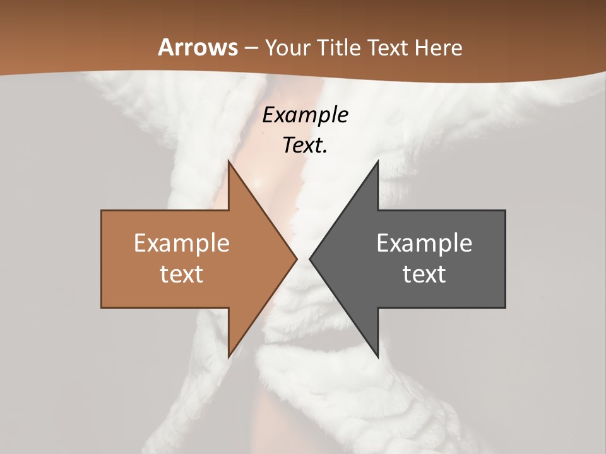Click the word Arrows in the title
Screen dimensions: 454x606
[198, 47]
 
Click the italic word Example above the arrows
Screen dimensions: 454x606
[306, 115]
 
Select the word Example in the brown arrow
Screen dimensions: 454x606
[182, 243]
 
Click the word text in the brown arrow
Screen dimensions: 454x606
[182, 274]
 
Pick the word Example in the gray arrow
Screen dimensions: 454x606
[424, 243]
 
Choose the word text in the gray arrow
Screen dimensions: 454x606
[424, 274]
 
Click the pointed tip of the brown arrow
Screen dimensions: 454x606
[297, 259]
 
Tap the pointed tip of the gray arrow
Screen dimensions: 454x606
[310, 259]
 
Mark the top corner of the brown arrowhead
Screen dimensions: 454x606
[229, 161]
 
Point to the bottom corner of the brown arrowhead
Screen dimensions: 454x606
[229, 357]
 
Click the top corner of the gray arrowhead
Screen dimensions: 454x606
[377, 161]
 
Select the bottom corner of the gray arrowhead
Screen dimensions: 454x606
[377, 357]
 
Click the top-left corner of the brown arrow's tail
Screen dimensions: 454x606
[102, 211]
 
